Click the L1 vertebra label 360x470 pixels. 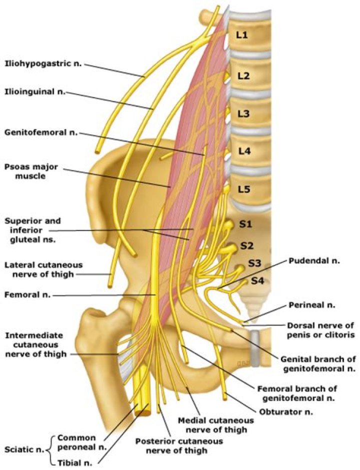point(242,36)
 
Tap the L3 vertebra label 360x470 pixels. point(243,113)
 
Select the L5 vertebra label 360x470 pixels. point(243,189)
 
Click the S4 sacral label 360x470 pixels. point(257,280)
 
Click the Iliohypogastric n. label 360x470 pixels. point(43,63)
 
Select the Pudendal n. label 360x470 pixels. point(309,261)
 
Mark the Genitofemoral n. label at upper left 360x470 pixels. point(40,133)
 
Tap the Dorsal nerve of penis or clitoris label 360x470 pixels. point(320,329)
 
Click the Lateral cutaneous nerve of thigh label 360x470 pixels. point(43,269)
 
